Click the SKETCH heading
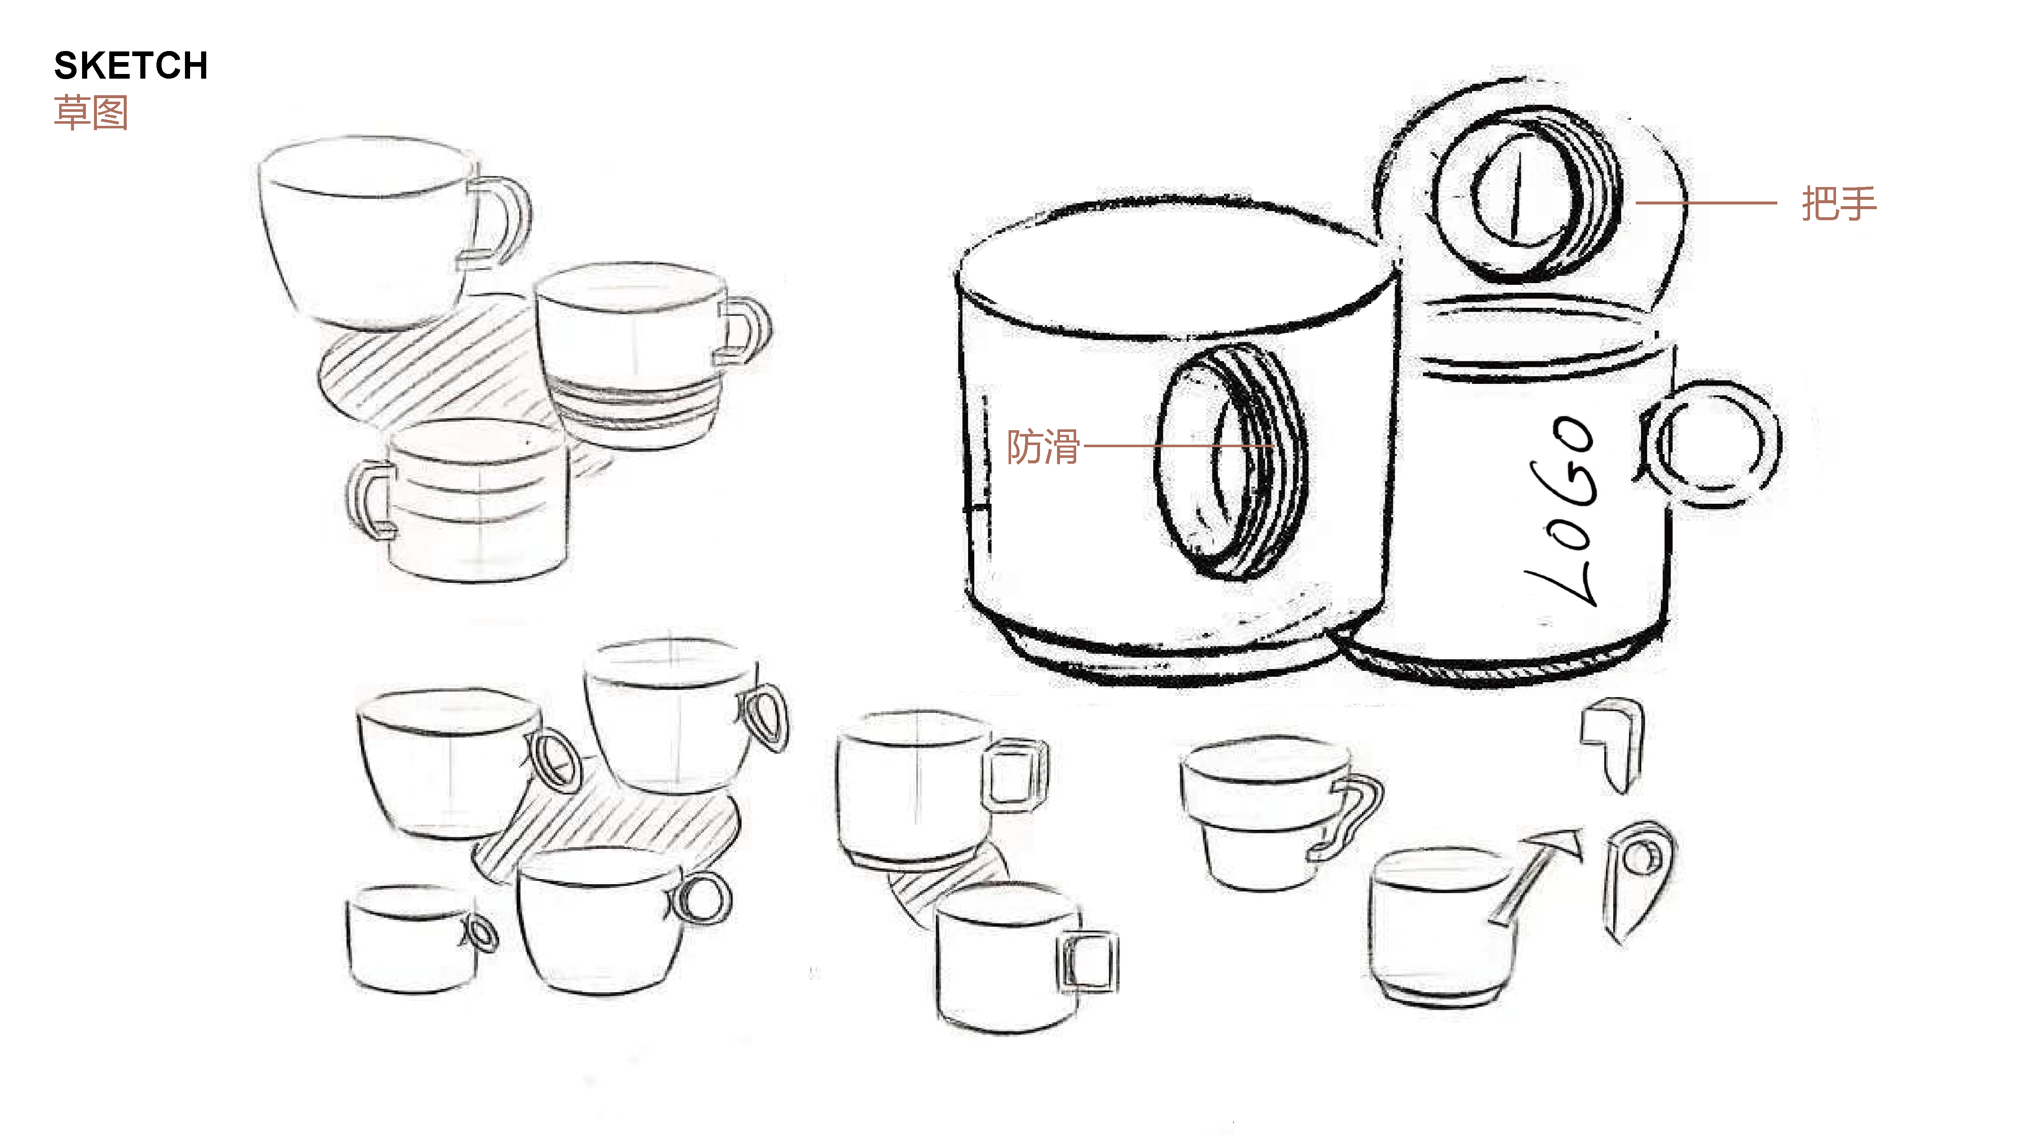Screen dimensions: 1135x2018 (x=131, y=66)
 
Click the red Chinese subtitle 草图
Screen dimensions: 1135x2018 (x=91, y=113)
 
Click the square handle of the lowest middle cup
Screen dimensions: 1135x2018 (x=1087, y=962)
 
